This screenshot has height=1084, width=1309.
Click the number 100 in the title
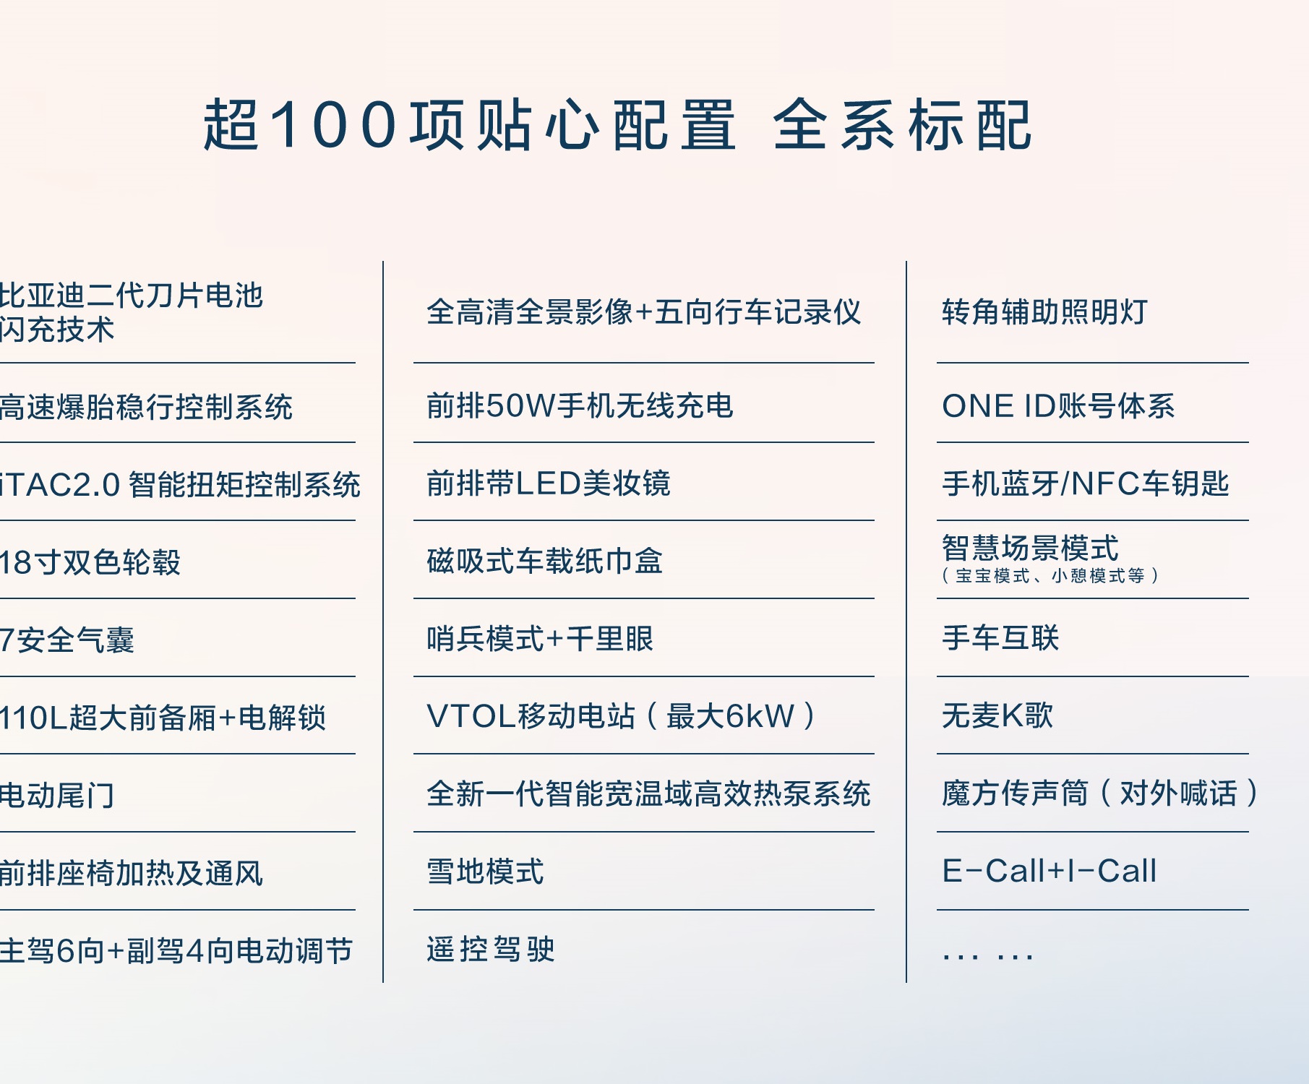(335, 124)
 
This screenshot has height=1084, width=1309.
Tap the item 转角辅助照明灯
(1044, 312)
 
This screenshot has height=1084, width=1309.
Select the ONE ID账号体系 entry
(1058, 406)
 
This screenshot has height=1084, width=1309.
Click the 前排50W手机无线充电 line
(580, 406)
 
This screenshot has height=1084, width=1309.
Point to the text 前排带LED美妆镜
(549, 483)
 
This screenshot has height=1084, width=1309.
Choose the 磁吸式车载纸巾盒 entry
(545, 562)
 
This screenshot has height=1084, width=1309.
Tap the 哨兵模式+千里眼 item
(540, 639)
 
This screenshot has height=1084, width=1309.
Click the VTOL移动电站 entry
(531, 717)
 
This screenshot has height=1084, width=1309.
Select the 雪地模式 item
(485, 872)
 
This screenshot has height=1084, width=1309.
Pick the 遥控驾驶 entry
(491, 950)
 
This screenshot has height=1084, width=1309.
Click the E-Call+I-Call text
(1050, 872)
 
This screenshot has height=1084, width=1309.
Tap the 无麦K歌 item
(997, 716)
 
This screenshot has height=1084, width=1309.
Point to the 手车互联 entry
(1000, 638)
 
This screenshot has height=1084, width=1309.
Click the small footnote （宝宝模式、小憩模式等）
(1050, 576)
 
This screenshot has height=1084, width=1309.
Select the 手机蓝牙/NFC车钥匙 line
(1086, 483)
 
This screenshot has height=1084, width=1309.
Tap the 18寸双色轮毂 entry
(90, 562)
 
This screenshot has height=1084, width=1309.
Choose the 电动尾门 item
(57, 796)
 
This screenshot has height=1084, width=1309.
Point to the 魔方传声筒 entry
(1015, 793)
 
